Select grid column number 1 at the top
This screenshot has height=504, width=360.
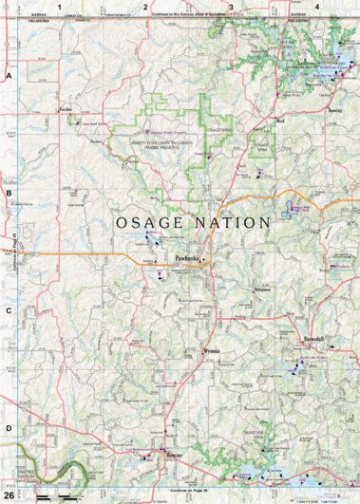[x=59, y=7]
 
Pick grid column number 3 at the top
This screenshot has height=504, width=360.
[x=231, y=7]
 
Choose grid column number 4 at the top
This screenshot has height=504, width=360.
[x=316, y=7]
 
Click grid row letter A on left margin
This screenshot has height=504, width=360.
[x=9, y=75]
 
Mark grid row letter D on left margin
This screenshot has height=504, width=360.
[x=9, y=427]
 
